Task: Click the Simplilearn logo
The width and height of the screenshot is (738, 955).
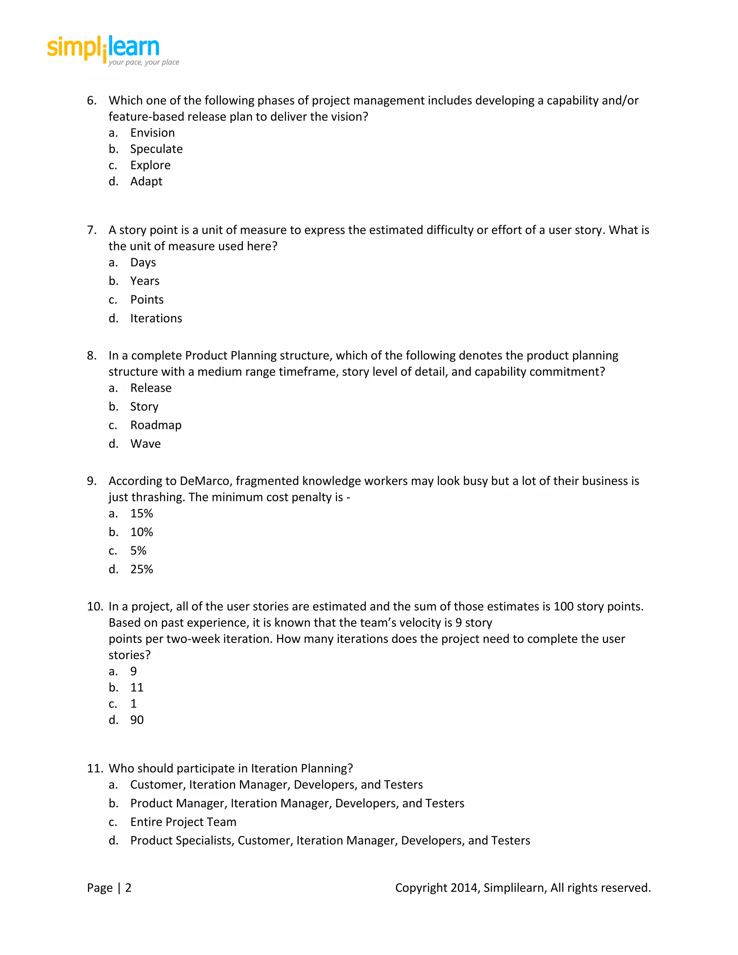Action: point(112,50)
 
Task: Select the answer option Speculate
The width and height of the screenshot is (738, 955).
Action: point(156,149)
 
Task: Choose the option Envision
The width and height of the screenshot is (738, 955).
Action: point(152,133)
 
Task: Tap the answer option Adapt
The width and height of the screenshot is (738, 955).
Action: point(146,182)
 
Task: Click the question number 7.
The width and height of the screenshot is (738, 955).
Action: point(92,230)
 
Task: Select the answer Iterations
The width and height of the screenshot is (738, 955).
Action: point(156,318)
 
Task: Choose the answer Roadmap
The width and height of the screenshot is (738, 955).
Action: point(155,425)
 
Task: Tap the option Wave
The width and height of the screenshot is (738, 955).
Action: point(145,444)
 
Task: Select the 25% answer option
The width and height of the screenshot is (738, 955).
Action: point(141,569)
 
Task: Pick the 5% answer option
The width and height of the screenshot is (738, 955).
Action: point(138,551)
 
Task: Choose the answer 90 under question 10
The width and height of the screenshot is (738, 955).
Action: point(137,720)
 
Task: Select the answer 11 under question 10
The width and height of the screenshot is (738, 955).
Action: point(137,687)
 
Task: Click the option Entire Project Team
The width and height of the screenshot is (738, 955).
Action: point(183,822)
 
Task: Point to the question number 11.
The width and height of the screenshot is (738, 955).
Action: point(94,768)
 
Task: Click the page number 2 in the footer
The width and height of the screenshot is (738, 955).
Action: point(128,888)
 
